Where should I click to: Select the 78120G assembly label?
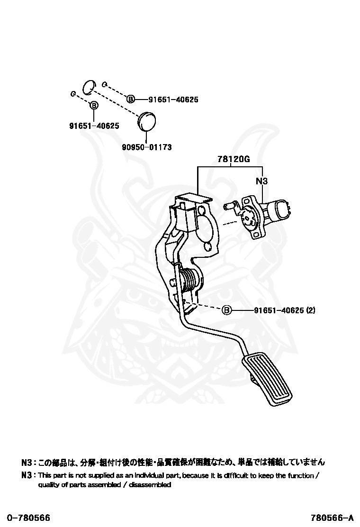pos(233,159)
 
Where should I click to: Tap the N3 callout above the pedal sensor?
pos(262,181)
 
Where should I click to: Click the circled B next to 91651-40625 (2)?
pos(226,310)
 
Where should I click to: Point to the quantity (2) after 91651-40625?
pos(310,310)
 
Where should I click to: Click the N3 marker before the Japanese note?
pos(27,462)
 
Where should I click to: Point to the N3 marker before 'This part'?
pos(27,475)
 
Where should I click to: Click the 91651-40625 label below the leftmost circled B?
pos(94,126)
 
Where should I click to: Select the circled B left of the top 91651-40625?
pos(131,100)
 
